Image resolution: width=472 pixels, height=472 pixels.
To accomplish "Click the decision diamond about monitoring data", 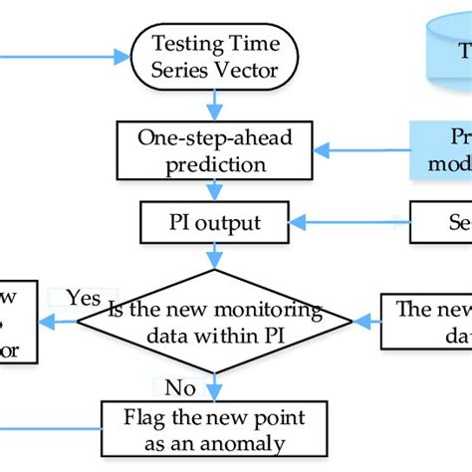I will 215,322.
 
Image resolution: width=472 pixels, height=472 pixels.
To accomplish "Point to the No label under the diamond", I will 178,386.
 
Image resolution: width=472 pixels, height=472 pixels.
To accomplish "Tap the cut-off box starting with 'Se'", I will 444,218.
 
